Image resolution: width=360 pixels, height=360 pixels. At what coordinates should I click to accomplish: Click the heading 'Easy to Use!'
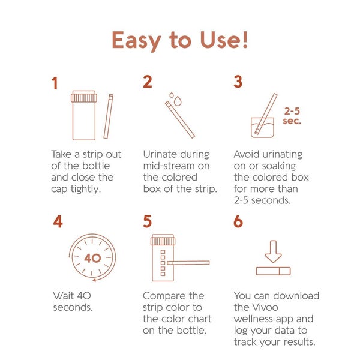[x=180, y=41]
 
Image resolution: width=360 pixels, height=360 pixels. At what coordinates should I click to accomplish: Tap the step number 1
[x=55, y=83]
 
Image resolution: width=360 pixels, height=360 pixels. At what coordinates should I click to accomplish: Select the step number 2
[x=147, y=83]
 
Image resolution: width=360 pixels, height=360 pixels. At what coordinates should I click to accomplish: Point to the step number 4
[x=58, y=221]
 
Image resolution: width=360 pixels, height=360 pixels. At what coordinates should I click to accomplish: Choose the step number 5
[x=148, y=221]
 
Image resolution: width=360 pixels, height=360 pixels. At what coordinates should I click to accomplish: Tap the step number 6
[x=238, y=221]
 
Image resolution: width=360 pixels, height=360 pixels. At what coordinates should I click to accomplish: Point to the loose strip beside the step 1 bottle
[x=108, y=116]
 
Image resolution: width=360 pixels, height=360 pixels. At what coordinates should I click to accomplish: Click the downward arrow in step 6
[x=273, y=251]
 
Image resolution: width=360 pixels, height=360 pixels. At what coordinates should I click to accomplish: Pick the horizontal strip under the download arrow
[x=273, y=271]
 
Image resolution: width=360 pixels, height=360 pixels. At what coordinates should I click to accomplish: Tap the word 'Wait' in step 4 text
[x=63, y=296]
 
